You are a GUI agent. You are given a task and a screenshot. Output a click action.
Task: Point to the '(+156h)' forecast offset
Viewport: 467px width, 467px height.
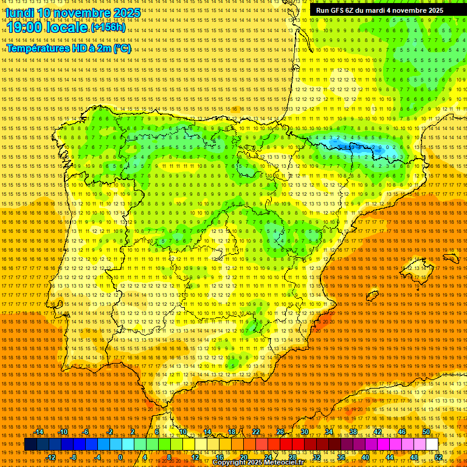point(108,27)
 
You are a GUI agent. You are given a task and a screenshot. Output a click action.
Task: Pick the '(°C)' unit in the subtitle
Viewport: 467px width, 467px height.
point(122,48)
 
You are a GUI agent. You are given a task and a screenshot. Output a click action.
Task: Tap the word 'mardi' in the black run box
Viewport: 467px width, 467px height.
point(375,10)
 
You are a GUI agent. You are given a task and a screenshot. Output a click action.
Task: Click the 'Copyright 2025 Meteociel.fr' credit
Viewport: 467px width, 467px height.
point(258,463)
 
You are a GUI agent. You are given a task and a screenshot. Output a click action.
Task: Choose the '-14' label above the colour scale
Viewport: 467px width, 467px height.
point(39,432)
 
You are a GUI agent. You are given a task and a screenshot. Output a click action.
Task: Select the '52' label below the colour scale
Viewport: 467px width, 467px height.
point(438,457)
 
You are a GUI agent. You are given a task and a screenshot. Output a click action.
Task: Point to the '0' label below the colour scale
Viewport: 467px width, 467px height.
point(121,457)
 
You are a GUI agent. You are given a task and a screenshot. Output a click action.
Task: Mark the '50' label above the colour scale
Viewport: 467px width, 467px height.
point(426,432)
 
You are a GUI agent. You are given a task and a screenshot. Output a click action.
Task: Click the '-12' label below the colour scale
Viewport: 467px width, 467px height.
point(51,457)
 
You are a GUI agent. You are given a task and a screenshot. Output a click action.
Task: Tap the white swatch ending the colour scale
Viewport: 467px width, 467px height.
point(432,445)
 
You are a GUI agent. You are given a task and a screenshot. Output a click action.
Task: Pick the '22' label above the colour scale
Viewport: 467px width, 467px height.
point(255,432)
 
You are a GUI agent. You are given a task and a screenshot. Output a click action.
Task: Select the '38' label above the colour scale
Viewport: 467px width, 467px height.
point(353,432)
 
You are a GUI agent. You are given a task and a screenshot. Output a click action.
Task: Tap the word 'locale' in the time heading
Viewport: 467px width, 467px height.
point(69,27)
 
